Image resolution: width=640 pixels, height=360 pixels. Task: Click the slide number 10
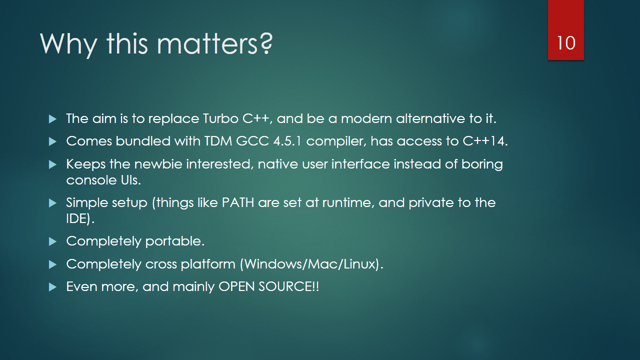click(565, 43)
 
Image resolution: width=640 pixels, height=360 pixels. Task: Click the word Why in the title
click(68, 44)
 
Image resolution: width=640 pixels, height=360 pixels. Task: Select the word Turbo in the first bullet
click(220, 118)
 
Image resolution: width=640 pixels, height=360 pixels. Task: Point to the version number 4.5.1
click(287, 141)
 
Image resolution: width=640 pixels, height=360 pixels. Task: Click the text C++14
click(485, 141)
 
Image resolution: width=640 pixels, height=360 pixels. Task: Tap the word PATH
click(237, 202)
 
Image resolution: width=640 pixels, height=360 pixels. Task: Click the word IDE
click(76, 218)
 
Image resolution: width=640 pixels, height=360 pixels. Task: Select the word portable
click(174, 241)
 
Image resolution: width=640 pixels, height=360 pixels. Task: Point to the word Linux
click(359, 264)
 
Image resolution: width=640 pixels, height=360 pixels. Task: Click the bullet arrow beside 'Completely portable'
click(52, 241)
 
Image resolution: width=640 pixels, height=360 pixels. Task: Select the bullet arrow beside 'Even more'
click(52, 287)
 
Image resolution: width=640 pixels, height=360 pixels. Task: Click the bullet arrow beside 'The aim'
click(52, 119)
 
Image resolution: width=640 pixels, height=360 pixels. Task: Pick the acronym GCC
click(252, 141)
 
